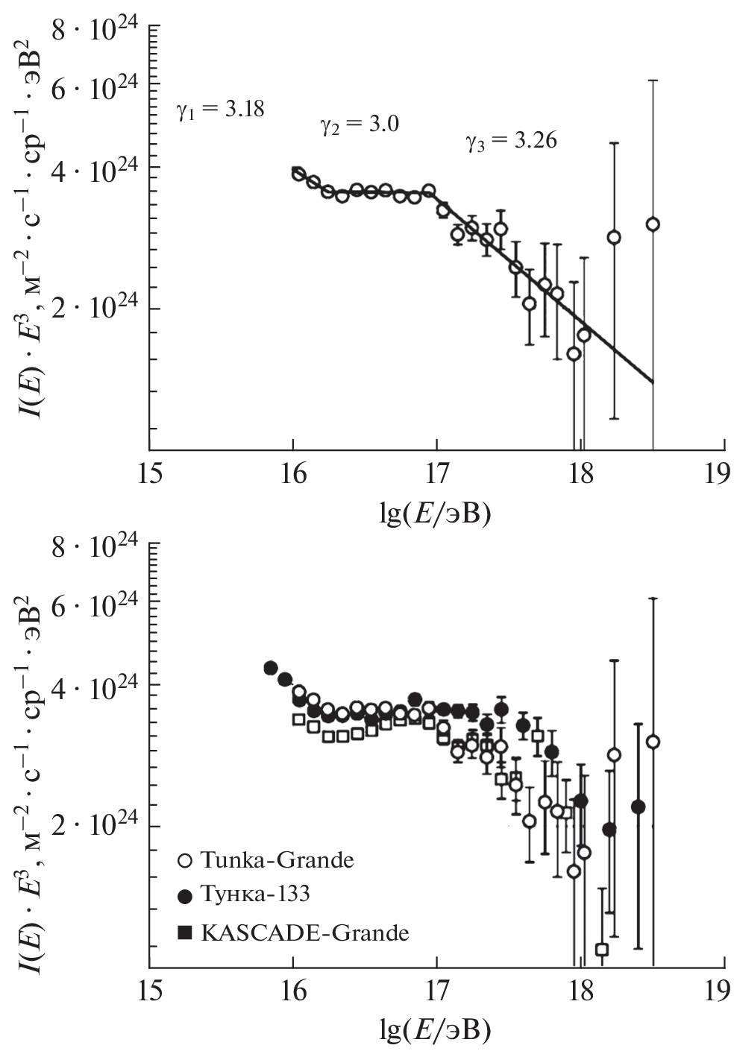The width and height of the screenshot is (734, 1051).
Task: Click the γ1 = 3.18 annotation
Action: (220, 110)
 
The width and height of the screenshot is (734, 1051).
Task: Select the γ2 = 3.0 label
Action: (360, 124)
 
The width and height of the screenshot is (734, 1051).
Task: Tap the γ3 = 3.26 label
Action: (511, 140)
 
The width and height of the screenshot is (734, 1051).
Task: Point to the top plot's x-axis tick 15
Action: (150, 476)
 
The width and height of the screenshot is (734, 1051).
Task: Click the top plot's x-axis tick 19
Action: (718, 476)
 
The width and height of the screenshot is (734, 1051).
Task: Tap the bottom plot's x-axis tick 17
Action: (437, 991)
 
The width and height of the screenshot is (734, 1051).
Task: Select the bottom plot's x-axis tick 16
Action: (293, 991)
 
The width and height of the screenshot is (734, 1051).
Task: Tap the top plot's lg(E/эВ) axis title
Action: (436, 514)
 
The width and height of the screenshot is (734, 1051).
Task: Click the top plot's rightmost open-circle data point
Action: (653, 224)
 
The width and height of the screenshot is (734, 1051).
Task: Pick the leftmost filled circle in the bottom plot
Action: (271, 668)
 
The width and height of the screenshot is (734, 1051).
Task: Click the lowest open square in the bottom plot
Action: (602, 950)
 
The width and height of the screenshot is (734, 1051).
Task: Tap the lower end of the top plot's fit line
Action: (653, 382)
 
